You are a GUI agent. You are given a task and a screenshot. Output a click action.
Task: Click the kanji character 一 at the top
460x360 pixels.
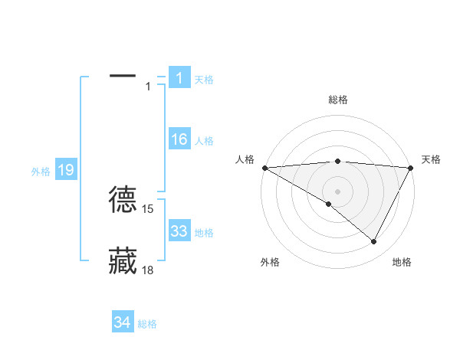(x=123, y=76)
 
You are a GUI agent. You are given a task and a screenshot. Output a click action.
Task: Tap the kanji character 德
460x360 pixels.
(x=123, y=198)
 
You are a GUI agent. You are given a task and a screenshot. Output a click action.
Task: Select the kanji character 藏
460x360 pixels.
(x=123, y=260)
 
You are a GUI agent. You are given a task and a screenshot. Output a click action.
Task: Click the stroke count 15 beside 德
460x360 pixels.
(x=148, y=208)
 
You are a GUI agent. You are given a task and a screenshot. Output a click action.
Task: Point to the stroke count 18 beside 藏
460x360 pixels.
(x=148, y=270)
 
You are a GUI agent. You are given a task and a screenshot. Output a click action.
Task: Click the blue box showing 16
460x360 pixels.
(x=179, y=139)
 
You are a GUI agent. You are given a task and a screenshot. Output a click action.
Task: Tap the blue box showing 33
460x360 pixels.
(x=179, y=231)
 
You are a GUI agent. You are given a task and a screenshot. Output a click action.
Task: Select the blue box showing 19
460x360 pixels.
(x=65, y=170)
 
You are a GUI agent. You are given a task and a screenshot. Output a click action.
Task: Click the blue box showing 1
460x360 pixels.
(x=179, y=77)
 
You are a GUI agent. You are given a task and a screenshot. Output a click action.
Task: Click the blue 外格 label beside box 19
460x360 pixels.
(x=41, y=172)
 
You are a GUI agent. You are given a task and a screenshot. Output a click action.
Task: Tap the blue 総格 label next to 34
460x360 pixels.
(x=147, y=324)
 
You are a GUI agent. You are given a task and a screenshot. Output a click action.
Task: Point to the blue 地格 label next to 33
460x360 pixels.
(x=204, y=233)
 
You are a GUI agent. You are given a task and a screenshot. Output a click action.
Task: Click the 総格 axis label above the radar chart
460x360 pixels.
(x=337, y=100)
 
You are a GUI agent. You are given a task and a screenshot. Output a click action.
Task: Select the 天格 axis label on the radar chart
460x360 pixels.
(x=431, y=159)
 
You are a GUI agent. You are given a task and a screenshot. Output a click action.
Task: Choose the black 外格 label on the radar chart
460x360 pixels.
(x=270, y=262)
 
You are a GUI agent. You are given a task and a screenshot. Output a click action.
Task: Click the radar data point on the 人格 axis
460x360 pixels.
(x=264, y=167)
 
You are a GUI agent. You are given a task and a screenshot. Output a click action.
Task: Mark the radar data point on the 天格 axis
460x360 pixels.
(x=411, y=167)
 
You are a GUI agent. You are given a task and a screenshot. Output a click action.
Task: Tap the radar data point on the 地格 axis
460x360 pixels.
(x=374, y=241)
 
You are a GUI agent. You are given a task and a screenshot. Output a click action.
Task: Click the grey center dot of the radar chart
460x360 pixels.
(x=337, y=191)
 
